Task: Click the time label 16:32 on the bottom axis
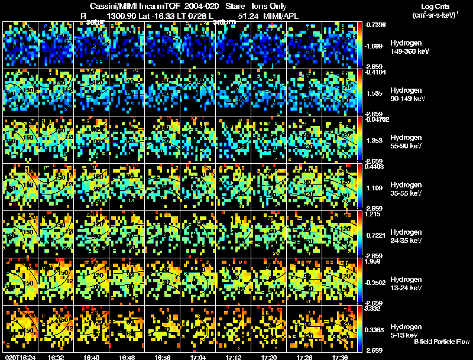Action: [x=56, y=357]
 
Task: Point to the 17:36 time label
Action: [x=340, y=357]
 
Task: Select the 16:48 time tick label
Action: [x=127, y=357]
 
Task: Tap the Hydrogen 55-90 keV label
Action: [x=407, y=141]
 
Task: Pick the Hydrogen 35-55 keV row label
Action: [x=407, y=189]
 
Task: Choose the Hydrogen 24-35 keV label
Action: [x=407, y=236]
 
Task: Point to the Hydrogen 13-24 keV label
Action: [x=407, y=283]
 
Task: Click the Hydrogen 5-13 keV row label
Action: [x=406, y=330]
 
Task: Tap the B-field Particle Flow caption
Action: [x=442, y=342]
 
